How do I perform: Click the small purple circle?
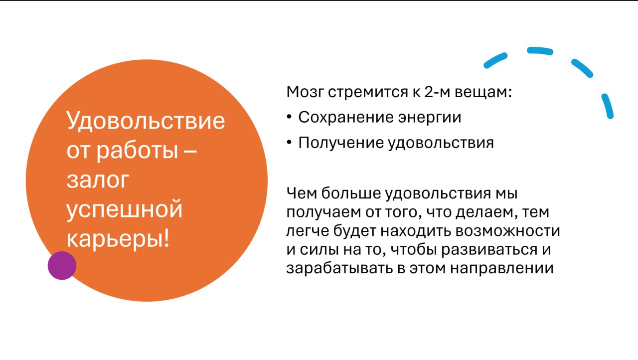click(62, 265)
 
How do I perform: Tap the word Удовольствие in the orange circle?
click(146, 121)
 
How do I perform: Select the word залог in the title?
click(97, 180)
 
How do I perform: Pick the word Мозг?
click(305, 93)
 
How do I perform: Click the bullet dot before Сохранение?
click(290, 118)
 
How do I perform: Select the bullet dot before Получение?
click(290, 143)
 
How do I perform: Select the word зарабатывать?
click(332, 268)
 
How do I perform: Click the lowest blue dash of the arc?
click(608, 106)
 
